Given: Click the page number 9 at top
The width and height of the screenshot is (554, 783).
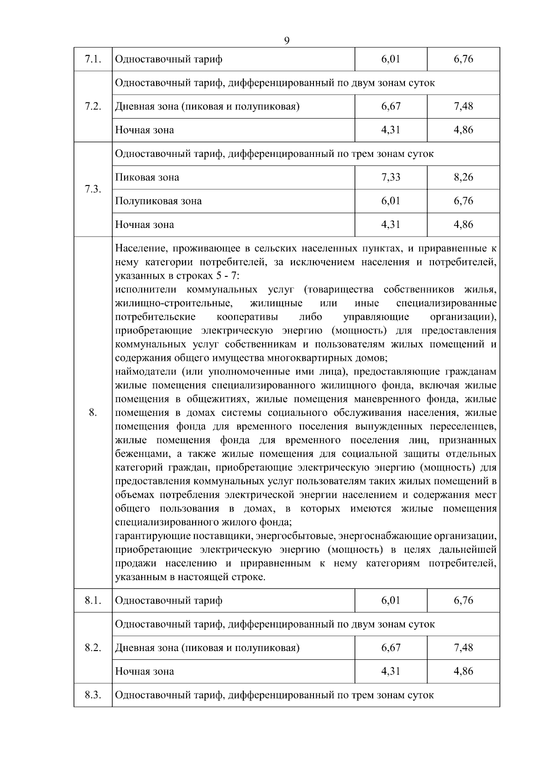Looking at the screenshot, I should [287, 41].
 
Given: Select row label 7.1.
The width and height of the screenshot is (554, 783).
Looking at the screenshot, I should [93, 59].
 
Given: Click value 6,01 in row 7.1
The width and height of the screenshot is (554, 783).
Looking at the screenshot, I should [391, 59].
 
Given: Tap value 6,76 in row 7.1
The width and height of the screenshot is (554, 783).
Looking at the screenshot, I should [464, 59].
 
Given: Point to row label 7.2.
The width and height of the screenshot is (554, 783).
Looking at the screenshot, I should [93, 107].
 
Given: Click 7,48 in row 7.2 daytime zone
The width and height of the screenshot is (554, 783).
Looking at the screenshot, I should [464, 106].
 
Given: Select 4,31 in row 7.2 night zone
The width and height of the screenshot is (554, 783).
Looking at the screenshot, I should [391, 130].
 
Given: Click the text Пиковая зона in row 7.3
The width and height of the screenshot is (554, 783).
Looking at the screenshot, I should [147, 177].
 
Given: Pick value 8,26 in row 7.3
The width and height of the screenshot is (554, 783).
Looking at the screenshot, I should [464, 177].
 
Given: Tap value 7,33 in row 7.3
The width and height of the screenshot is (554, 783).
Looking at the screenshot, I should [391, 177].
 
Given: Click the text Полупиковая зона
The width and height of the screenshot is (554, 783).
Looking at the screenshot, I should [158, 201].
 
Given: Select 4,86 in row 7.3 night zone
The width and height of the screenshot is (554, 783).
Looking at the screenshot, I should [464, 225].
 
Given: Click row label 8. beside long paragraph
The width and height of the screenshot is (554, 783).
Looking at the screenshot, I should [93, 412].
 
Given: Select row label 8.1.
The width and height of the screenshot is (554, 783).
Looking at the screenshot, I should [93, 600].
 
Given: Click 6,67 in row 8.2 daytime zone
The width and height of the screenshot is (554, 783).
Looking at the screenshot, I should [391, 647].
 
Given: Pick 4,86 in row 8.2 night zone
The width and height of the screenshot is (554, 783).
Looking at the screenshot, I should [464, 671].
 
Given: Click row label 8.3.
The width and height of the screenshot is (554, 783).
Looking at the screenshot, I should [93, 695].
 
